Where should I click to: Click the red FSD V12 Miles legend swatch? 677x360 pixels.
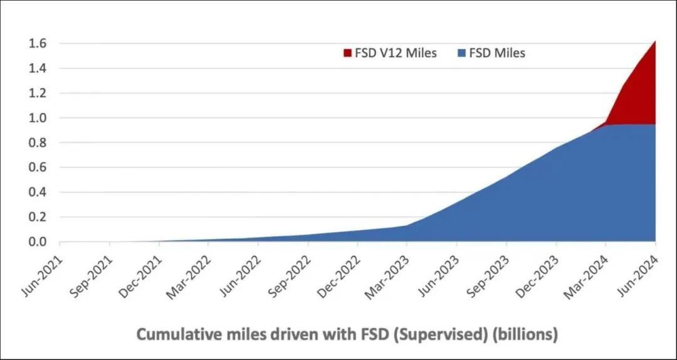(x=348, y=53)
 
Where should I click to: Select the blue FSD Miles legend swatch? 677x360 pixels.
(x=461, y=53)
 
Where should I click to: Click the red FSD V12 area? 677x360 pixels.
(x=636, y=94)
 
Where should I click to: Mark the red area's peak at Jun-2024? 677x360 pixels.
(x=655, y=41)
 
